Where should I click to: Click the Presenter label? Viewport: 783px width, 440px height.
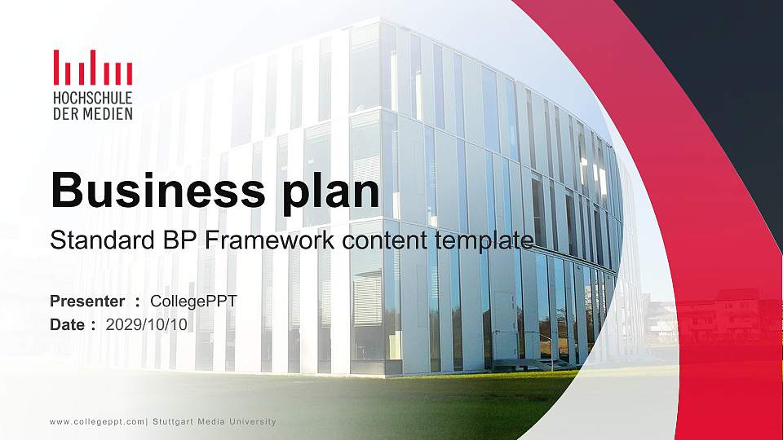click(87, 301)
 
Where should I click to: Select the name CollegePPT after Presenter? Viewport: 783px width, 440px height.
click(194, 301)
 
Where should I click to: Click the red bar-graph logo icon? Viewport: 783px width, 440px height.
click(92, 68)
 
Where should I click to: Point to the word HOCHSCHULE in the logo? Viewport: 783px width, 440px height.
click(92, 99)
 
